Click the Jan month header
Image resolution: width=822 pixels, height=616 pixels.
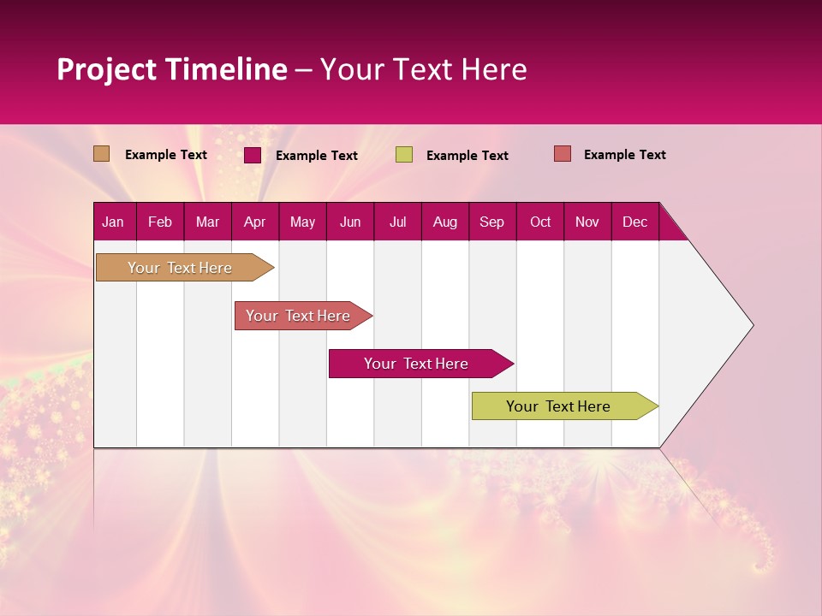113,222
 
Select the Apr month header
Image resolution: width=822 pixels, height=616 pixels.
254,222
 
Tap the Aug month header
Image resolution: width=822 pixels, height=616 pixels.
444,222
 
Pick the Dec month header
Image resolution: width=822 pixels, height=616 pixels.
634,222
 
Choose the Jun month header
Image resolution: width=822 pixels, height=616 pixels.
349,222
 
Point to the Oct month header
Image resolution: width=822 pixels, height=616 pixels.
539,222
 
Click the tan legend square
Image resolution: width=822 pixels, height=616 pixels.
101,154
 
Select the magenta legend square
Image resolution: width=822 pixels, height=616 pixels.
252,155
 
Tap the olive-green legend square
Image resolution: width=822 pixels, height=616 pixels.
403,155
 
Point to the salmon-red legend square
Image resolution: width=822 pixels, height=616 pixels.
562,154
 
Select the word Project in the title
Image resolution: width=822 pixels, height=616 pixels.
106,69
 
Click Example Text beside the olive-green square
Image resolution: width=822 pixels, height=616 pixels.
467,156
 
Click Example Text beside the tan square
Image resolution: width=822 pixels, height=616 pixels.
165,155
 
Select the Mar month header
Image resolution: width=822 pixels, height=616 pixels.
207,222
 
